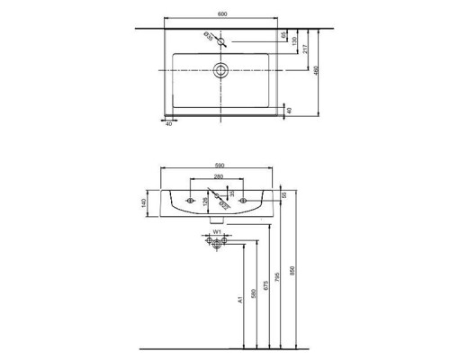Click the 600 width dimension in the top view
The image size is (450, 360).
pos(220,13)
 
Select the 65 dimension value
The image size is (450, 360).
pos(284,37)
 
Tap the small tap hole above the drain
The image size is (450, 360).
pos(220,40)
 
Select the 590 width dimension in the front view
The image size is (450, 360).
pos(215,166)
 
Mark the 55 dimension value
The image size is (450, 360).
pos(283,194)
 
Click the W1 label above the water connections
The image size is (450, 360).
pos(216,232)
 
